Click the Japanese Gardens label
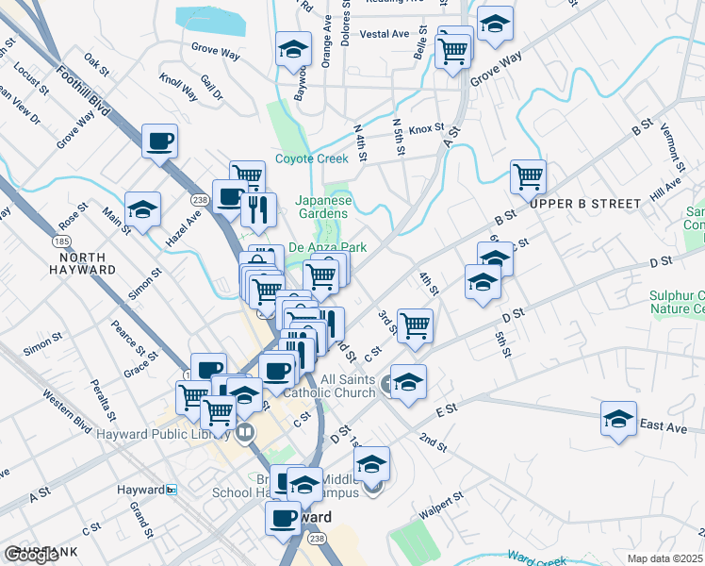pyautogui.click(x=323, y=207)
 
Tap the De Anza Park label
pyautogui.click(x=327, y=247)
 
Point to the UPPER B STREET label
pyautogui.click(x=585, y=204)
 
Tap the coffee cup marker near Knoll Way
pyautogui.click(x=159, y=141)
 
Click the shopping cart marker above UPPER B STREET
pyautogui.click(x=528, y=175)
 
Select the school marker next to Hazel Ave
pyautogui.click(x=142, y=208)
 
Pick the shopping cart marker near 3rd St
pyautogui.click(x=415, y=325)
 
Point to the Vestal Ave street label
pyautogui.click(x=384, y=34)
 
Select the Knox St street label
pyautogui.click(x=426, y=127)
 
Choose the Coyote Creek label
pyautogui.click(x=312, y=158)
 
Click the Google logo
pyautogui.click(x=31, y=555)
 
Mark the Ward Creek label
pyautogui.click(x=538, y=558)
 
